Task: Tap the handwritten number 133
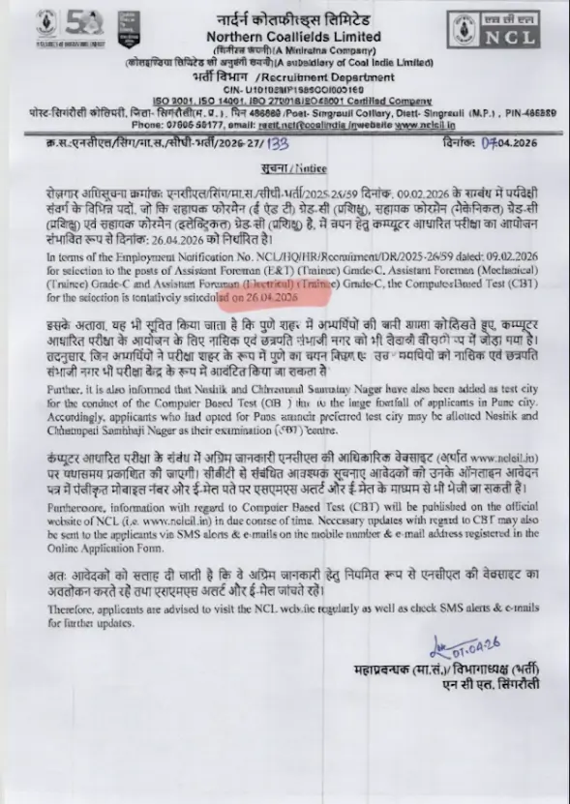click(x=281, y=143)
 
